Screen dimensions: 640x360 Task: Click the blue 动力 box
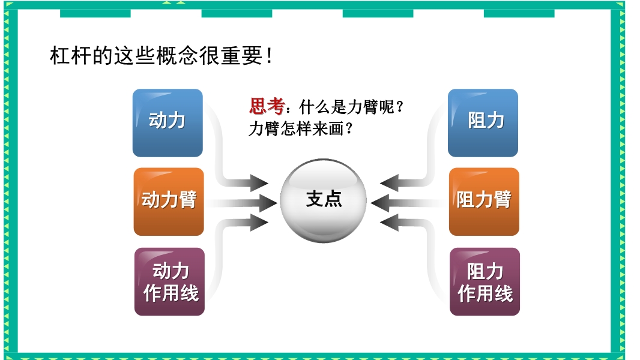(x=168, y=123)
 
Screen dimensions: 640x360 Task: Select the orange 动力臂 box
(x=169, y=202)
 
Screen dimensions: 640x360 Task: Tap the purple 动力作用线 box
(x=169, y=281)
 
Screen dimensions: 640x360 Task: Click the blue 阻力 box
(x=483, y=123)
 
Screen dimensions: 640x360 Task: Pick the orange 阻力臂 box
(x=484, y=202)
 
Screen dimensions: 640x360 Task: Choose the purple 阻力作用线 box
(x=485, y=281)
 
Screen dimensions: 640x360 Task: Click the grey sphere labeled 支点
(x=323, y=200)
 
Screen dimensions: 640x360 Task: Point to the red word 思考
(x=267, y=107)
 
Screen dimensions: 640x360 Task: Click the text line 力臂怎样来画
(x=300, y=129)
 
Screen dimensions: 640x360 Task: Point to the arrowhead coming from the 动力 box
(x=259, y=183)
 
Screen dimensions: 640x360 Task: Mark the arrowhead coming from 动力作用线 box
(x=259, y=223)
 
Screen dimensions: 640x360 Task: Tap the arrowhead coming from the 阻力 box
(x=389, y=183)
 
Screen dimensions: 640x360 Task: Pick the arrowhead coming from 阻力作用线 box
(x=389, y=223)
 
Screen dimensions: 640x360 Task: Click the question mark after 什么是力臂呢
(x=400, y=107)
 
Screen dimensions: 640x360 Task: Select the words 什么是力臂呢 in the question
(x=347, y=107)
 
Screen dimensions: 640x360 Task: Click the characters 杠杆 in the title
(x=71, y=55)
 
